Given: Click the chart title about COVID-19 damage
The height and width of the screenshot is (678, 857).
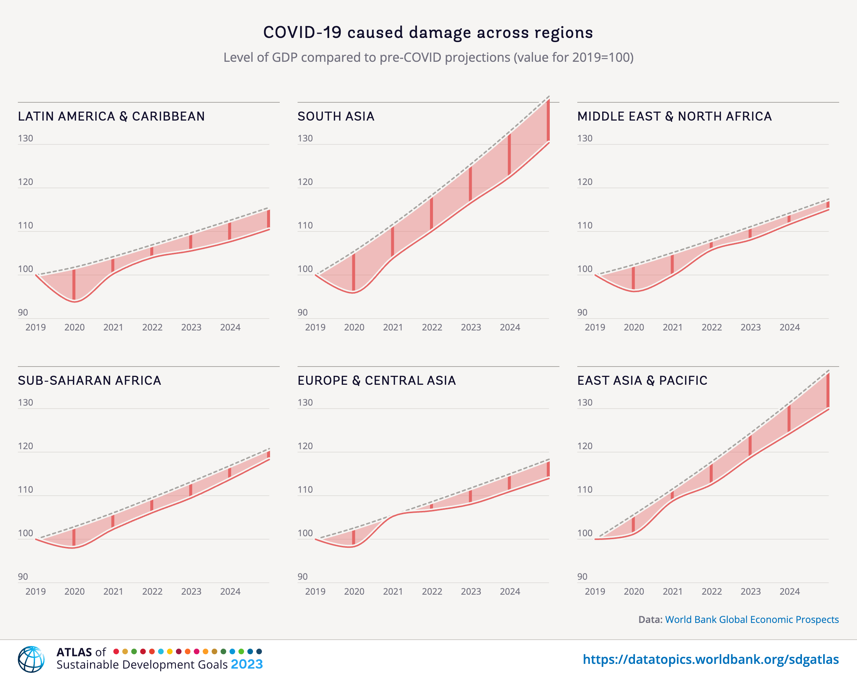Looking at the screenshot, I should coord(428,32).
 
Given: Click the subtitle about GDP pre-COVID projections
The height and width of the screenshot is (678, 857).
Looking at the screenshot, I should coord(428,58).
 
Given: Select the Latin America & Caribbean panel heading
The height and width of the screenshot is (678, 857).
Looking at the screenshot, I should coord(111,116).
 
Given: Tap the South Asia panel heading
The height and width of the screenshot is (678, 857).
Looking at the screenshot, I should coord(336,116).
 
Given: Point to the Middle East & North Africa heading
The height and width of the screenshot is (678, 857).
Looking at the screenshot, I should coord(674,116).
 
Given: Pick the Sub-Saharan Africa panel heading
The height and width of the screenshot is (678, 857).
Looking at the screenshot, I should coord(89,380).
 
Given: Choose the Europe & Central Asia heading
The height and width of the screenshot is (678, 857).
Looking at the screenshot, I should coord(376,380).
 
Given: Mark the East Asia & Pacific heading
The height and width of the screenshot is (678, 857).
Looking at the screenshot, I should coord(642,380).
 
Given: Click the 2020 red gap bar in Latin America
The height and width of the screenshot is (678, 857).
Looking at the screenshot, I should coord(74,284).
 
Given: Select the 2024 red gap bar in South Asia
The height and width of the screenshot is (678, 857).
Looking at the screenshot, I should coord(509,155).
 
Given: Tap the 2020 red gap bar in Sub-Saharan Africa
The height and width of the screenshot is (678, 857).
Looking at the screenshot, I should coord(74,537).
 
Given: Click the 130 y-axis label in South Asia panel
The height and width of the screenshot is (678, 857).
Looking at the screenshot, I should coord(305,138).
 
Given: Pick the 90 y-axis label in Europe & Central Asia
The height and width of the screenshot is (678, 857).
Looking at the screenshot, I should coord(302,577).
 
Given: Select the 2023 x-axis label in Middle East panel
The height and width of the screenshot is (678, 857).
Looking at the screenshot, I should coord(750,327).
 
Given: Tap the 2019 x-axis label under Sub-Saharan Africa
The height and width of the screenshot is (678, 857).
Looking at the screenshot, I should coord(35,591).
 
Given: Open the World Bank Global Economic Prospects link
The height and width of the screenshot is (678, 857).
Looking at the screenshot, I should coord(751,620).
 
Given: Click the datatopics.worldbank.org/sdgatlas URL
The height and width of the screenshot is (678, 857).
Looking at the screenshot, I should coord(710,659).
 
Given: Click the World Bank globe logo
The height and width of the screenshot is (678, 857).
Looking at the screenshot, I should coord(31,659).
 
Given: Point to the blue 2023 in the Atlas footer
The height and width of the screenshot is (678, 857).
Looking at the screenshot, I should coord(246,665).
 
